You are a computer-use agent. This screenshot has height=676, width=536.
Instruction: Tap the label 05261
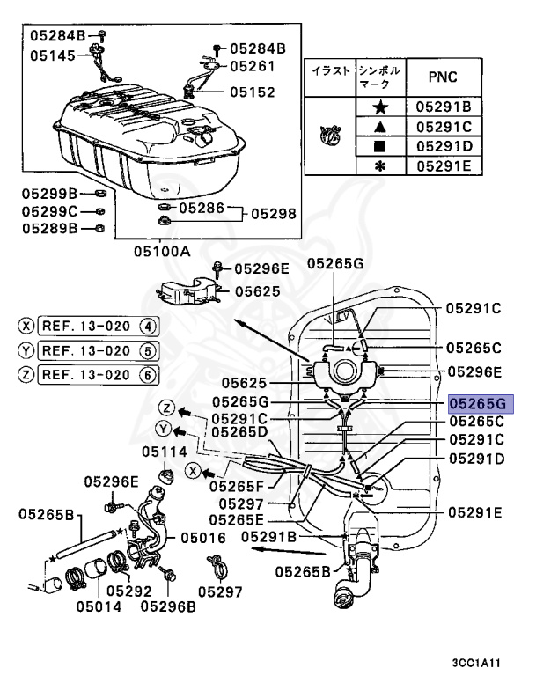point(253,65)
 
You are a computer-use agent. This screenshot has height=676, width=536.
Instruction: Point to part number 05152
point(253,92)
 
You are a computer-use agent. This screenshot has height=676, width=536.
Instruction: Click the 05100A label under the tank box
point(162,251)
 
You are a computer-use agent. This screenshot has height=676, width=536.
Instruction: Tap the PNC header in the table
point(442,77)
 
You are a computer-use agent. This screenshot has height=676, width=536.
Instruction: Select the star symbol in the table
point(380,107)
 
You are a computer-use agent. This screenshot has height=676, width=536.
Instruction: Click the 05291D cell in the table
point(444,146)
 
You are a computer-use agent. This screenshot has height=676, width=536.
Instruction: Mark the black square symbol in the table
point(380,146)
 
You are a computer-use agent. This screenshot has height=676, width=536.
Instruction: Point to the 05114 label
point(165,452)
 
